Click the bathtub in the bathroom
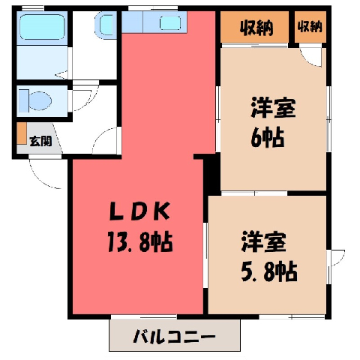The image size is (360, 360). tap(42, 27)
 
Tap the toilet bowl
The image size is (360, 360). tap(40, 101)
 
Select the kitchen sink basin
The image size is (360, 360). tap(170, 22)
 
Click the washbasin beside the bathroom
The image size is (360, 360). tap(106, 24)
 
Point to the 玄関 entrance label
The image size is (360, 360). tap(40, 142)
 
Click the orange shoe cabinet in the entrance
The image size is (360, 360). tap(22, 133)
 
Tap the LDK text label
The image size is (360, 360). tap(140, 211)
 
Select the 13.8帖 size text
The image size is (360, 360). tap(140, 242)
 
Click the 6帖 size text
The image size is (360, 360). tap(268, 137)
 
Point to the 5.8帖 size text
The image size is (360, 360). tap(269, 271)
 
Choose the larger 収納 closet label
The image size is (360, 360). tap(256, 27)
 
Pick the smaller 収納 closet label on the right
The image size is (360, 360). tap(310, 26)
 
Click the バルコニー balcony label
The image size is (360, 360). tap(174, 336)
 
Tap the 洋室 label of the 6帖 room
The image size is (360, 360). tap(273, 108)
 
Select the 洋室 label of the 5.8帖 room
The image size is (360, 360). tap(264, 242)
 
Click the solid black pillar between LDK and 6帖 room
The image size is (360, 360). tap(212, 174)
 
